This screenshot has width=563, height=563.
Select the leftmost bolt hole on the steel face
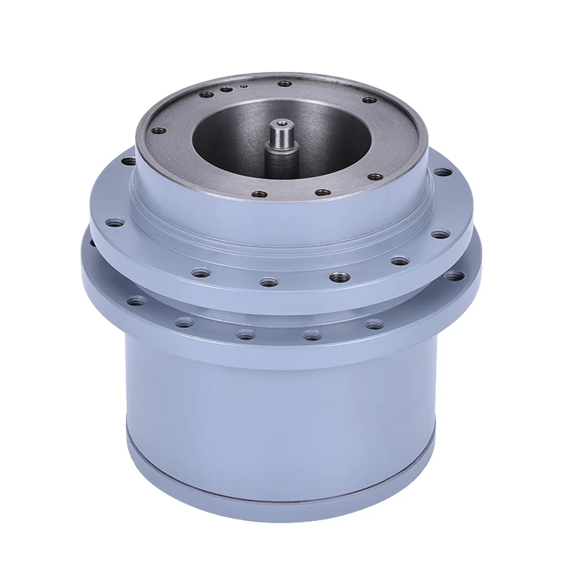[x=158, y=131]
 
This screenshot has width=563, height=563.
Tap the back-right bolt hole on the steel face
[x=369, y=100]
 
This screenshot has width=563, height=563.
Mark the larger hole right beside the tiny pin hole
[x=226, y=89]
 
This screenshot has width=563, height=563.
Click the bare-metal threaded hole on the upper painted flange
[x=338, y=277]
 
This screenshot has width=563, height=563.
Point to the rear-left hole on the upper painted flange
[x=128, y=161]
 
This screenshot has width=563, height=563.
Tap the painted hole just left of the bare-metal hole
[x=268, y=283]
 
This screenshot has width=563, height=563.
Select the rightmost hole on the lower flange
[x=453, y=276]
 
